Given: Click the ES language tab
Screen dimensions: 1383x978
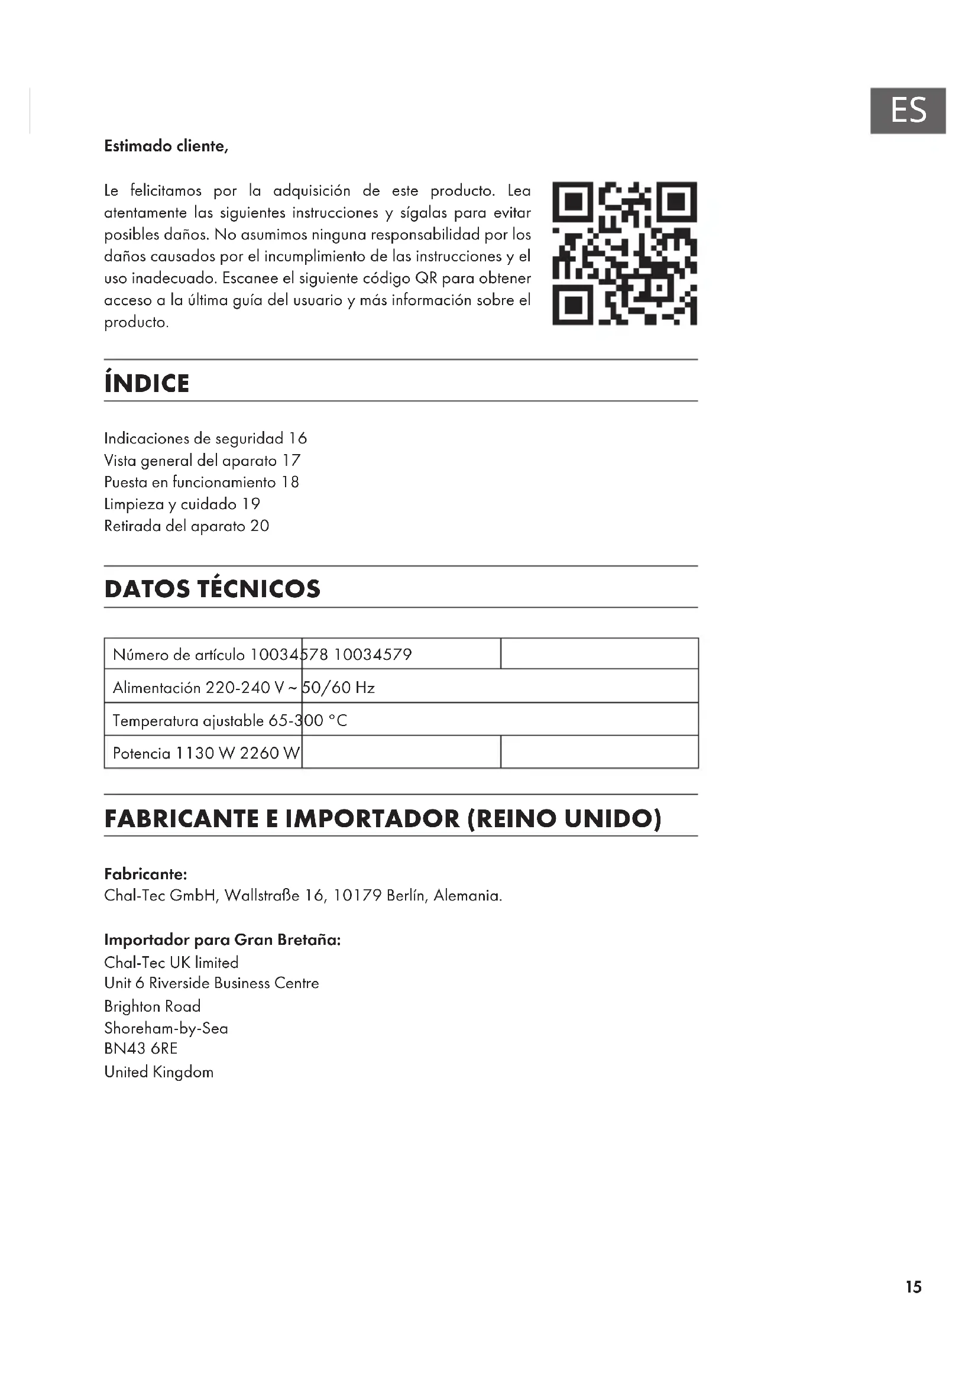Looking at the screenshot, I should [x=908, y=111].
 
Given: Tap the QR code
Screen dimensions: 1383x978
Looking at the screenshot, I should [x=624, y=253].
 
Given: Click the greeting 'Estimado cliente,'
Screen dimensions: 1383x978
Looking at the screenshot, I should [x=166, y=147].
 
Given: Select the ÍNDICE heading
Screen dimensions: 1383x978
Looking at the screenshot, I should [x=147, y=384].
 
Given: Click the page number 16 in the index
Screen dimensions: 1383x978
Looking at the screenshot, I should [x=297, y=439].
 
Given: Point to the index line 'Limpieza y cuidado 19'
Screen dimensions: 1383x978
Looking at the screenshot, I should [x=182, y=504].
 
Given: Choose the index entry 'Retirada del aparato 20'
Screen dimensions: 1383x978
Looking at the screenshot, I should [x=186, y=526].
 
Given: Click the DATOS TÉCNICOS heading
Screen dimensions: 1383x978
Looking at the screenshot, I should [x=212, y=589].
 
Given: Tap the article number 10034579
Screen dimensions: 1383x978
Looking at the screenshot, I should [x=373, y=655].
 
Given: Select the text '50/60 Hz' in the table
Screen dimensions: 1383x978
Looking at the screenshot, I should [x=338, y=688].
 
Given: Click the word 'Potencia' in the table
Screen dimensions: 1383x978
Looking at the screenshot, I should [x=141, y=753].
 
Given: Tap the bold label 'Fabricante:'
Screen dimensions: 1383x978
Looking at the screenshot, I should [x=145, y=874].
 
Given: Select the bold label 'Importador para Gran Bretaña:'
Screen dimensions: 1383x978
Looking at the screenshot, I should [x=222, y=940].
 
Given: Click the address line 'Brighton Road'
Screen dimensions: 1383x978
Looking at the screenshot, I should [x=153, y=1006].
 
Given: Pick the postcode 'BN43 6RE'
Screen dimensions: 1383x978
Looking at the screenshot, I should [x=141, y=1049].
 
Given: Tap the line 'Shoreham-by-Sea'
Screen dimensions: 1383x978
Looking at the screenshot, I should [x=166, y=1028].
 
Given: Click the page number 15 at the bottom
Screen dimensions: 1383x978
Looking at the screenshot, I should [x=913, y=1287].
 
